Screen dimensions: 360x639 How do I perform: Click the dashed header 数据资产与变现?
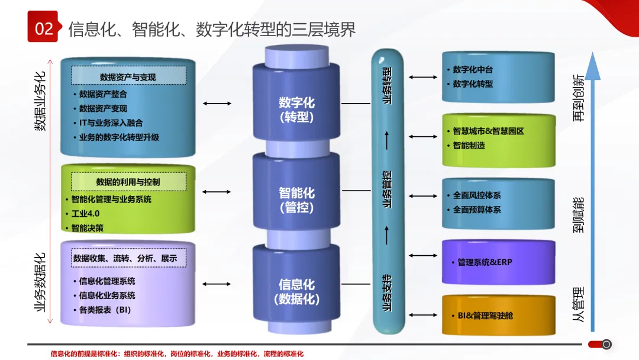coord(128,77)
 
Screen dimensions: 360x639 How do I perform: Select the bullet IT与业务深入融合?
coord(111,123)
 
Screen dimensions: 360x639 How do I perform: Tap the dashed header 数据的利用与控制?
coord(128,182)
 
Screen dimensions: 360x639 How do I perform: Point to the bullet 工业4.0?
coord(85,213)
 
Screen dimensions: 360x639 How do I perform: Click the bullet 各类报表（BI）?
coord(104,310)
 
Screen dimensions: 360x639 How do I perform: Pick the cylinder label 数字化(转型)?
coord(296,110)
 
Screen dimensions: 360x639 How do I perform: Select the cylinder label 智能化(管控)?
coord(296,200)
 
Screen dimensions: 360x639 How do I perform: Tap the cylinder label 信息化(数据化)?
coord(296,292)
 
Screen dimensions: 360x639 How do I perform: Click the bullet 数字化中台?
coord(473,69)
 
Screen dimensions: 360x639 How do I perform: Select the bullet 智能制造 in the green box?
coord(469,145)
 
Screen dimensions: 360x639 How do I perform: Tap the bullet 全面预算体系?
coord(477,210)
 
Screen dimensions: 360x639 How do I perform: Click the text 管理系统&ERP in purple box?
coord(485,262)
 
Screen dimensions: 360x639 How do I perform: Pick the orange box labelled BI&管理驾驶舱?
coord(498,316)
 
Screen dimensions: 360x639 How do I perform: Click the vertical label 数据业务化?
coord(40,101)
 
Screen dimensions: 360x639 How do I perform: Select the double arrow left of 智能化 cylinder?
coord(217,191)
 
